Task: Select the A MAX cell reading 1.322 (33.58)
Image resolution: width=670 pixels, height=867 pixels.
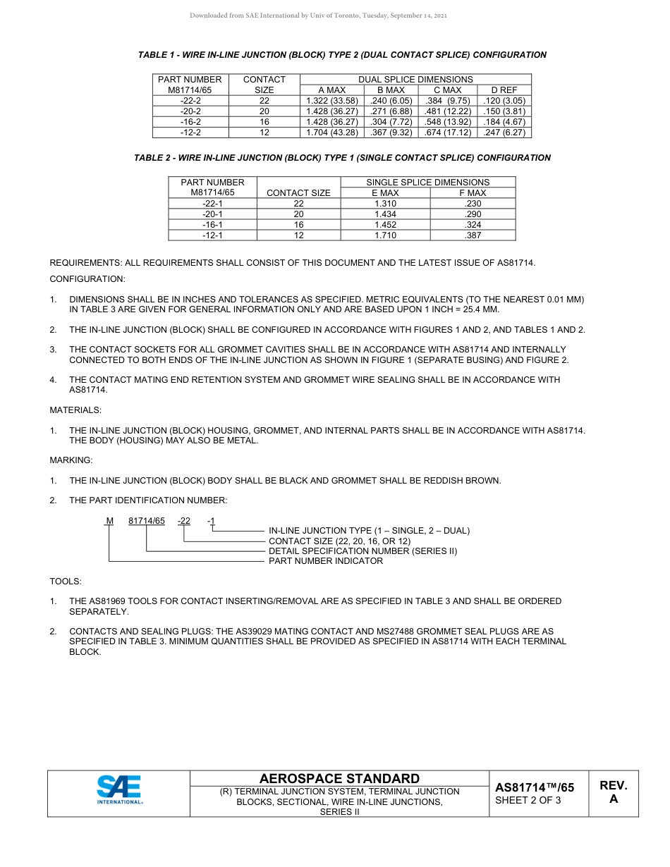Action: click(x=331, y=101)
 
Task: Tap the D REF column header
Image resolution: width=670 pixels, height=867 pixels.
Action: click(x=504, y=90)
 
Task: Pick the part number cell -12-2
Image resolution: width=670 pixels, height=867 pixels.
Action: click(x=190, y=133)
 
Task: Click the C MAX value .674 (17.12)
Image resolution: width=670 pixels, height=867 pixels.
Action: click(x=448, y=133)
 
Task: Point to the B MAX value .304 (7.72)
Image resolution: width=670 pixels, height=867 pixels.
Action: click(x=391, y=122)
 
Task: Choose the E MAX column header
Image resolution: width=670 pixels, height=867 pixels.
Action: click(x=385, y=193)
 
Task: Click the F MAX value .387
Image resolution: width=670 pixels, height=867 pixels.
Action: click(x=473, y=235)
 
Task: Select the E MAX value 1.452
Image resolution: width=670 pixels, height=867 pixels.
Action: click(x=385, y=225)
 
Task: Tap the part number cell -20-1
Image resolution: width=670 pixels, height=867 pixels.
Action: click(x=212, y=214)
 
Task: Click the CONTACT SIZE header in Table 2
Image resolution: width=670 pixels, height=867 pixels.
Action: click(x=298, y=193)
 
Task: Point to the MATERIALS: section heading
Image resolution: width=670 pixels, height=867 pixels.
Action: click(x=75, y=410)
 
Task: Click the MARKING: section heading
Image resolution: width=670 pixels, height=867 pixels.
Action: click(x=71, y=460)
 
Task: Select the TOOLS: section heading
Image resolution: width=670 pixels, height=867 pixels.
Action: click(x=66, y=582)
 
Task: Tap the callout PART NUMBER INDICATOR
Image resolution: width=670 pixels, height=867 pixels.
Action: click(x=326, y=561)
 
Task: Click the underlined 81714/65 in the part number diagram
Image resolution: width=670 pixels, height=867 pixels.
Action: click(x=147, y=521)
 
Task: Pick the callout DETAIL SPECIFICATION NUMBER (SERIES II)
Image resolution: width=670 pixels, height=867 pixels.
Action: click(x=363, y=551)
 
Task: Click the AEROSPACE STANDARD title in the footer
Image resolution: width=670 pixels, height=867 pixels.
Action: click(x=339, y=779)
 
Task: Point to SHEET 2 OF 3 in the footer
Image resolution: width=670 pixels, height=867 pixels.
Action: click(x=528, y=800)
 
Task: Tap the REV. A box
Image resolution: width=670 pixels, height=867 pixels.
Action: click(x=613, y=792)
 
